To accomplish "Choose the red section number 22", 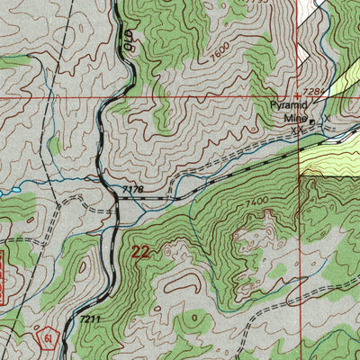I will pos(141,253).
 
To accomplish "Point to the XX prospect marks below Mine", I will pos(296,129).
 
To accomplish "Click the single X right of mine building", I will pos(328,118).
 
